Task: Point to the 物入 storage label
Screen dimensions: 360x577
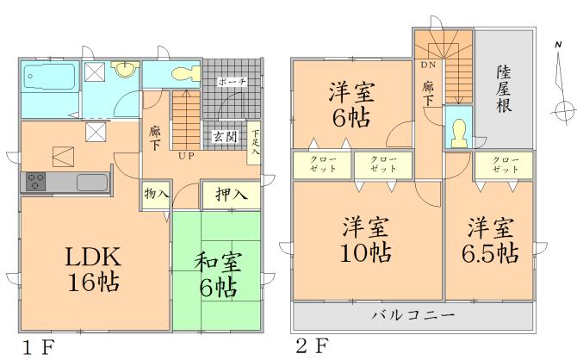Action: (156, 195)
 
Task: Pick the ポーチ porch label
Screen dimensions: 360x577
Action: (232, 82)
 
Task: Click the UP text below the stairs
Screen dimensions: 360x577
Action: (185, 157)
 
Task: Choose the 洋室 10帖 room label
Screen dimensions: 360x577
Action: (365, 240)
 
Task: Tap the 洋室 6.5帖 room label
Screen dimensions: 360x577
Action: (492, 240)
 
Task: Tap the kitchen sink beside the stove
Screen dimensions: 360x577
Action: (90, 182)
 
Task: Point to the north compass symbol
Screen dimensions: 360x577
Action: (561, 108)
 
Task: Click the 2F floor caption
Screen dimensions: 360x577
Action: (311, 348)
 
